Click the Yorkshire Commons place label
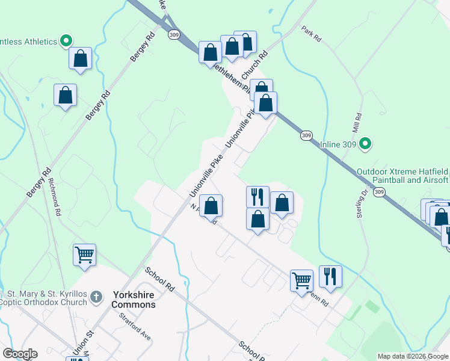point(134,300)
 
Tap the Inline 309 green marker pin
point(365,144)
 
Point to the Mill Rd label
point(357,123)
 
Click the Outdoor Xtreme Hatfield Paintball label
point(402,176)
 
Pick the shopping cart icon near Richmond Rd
point(84,255)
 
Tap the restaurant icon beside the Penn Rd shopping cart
point(330,276)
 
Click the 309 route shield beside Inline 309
point(307,137)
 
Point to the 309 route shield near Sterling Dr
point(378,192)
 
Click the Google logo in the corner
point(20,354)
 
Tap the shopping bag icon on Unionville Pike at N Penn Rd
point(211,206)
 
